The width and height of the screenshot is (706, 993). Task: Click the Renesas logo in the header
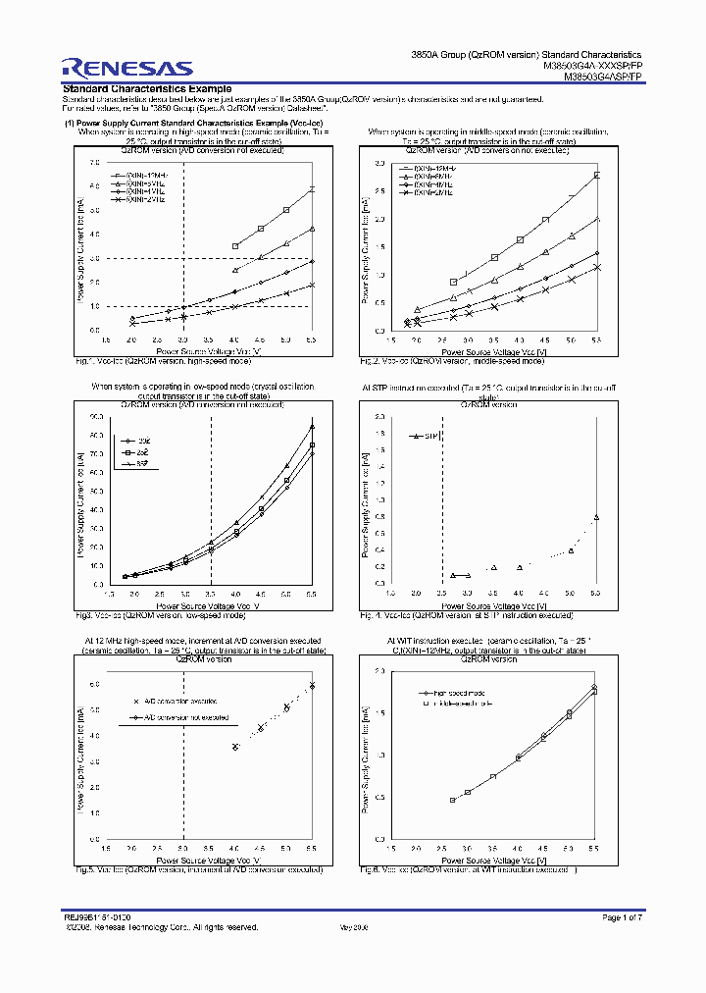[x=127, y=67]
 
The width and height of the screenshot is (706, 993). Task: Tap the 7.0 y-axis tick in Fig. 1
[x=94, y=162]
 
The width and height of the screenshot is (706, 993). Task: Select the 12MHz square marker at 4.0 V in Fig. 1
[x=235, y=246]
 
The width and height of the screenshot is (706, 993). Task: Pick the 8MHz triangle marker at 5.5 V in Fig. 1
[x=312, y=229]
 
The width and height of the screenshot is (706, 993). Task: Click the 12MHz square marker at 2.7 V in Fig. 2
[x=453, y=283]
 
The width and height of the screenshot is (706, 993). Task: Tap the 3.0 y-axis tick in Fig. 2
[x=378, y=162]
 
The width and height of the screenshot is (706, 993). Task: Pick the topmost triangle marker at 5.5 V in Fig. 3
[x=312, y=426]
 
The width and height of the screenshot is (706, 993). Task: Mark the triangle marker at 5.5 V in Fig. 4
[x=596, y=517]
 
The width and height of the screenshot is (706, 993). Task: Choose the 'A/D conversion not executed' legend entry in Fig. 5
[x=179, y=717]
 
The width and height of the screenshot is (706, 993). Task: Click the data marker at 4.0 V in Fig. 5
[x=235, y=747]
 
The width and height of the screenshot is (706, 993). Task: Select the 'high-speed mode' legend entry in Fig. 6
[x=458, y=693]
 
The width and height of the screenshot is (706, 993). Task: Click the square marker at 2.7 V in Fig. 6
[x=453, y=800]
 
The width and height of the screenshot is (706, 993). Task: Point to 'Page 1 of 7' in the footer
[x=620, y=916]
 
